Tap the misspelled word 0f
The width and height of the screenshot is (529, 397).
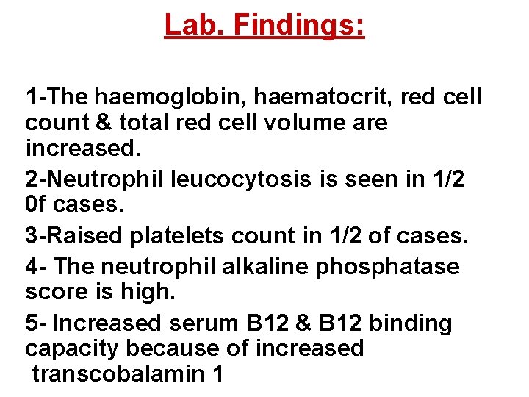[x=36, y=204]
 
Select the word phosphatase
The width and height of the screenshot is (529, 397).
[x=387, y=266]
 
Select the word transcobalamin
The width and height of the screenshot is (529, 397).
[x=118, y=373]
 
